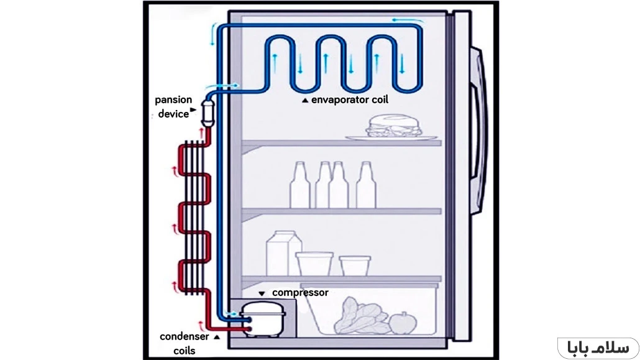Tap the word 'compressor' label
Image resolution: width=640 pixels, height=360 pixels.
pos(300,292)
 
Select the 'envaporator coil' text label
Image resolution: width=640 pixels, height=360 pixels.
pos(350,99)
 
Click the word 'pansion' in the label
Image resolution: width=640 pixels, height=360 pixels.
pos(173,99)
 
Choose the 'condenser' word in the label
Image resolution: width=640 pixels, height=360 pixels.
pos(185,336)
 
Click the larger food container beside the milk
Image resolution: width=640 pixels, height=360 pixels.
pos(314,262)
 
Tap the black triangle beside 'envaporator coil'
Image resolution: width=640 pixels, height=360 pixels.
pos(304,99)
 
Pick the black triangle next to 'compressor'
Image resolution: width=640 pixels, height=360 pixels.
pos(262,293)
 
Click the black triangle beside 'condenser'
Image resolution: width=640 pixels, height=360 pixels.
pos(216,337)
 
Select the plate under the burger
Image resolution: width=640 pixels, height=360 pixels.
pos(385,137)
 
